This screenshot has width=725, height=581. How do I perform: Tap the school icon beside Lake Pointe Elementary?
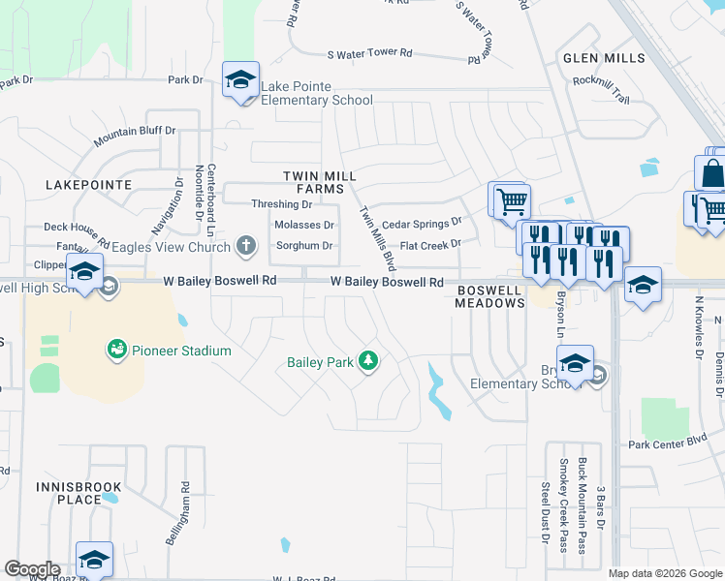[x=239, y=80]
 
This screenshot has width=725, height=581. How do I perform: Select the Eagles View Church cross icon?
[x=247, y=246]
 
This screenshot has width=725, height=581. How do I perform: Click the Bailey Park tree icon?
[x=367, y=362]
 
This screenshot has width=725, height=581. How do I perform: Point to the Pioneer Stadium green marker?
[x=117, y=349]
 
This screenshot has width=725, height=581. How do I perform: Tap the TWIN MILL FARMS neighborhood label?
[x=320, y=182]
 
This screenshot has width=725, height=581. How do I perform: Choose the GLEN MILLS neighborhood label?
[x=604, y=58]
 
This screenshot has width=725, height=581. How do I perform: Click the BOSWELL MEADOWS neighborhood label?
[x=490, y=295]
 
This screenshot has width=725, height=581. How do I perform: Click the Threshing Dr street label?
[x=281, y=204]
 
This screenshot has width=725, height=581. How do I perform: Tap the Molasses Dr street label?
[x=303, y=225]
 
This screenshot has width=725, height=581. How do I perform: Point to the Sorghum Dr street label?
[x=304, y=246]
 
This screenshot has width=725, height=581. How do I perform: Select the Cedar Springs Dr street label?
[x=422, y=224]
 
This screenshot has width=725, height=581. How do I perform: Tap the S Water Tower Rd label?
[x=370, y=54]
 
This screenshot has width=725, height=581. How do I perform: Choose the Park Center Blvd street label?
[x=669, y=444]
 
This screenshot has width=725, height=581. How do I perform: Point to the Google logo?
[x=32, y=569]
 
